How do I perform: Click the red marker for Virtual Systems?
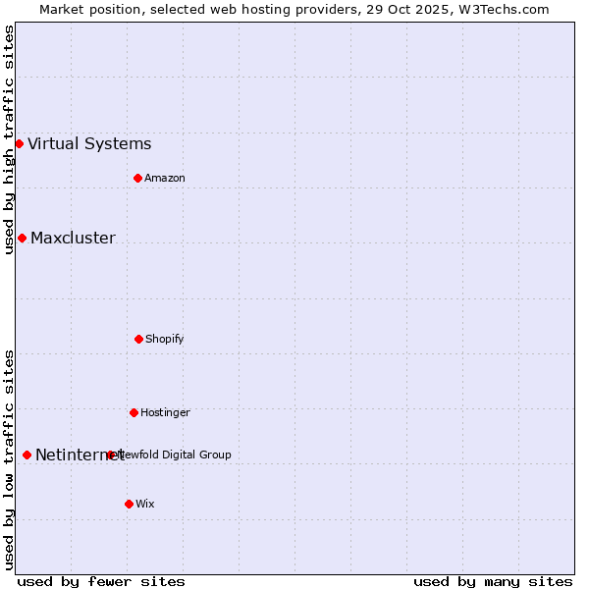(19, 143)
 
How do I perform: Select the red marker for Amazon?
(137, 178)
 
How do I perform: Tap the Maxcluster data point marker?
(22, 238)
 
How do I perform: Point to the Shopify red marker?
(138, 339)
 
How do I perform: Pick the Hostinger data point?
(134, 412)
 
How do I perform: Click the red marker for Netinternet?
(27, 455)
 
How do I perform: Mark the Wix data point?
(129, 504)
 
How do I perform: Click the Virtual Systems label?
(89, 143)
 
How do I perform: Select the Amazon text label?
(165, 178)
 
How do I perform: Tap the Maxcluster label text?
(73, 238)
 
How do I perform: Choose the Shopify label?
(165, 339)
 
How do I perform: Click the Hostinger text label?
(165, 412)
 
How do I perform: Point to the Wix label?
(145, 504)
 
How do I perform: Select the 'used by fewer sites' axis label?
(101, 581)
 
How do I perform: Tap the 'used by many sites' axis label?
(493, 581)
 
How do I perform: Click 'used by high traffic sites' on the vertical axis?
(9, 139)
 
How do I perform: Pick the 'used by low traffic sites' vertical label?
(9, 459)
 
